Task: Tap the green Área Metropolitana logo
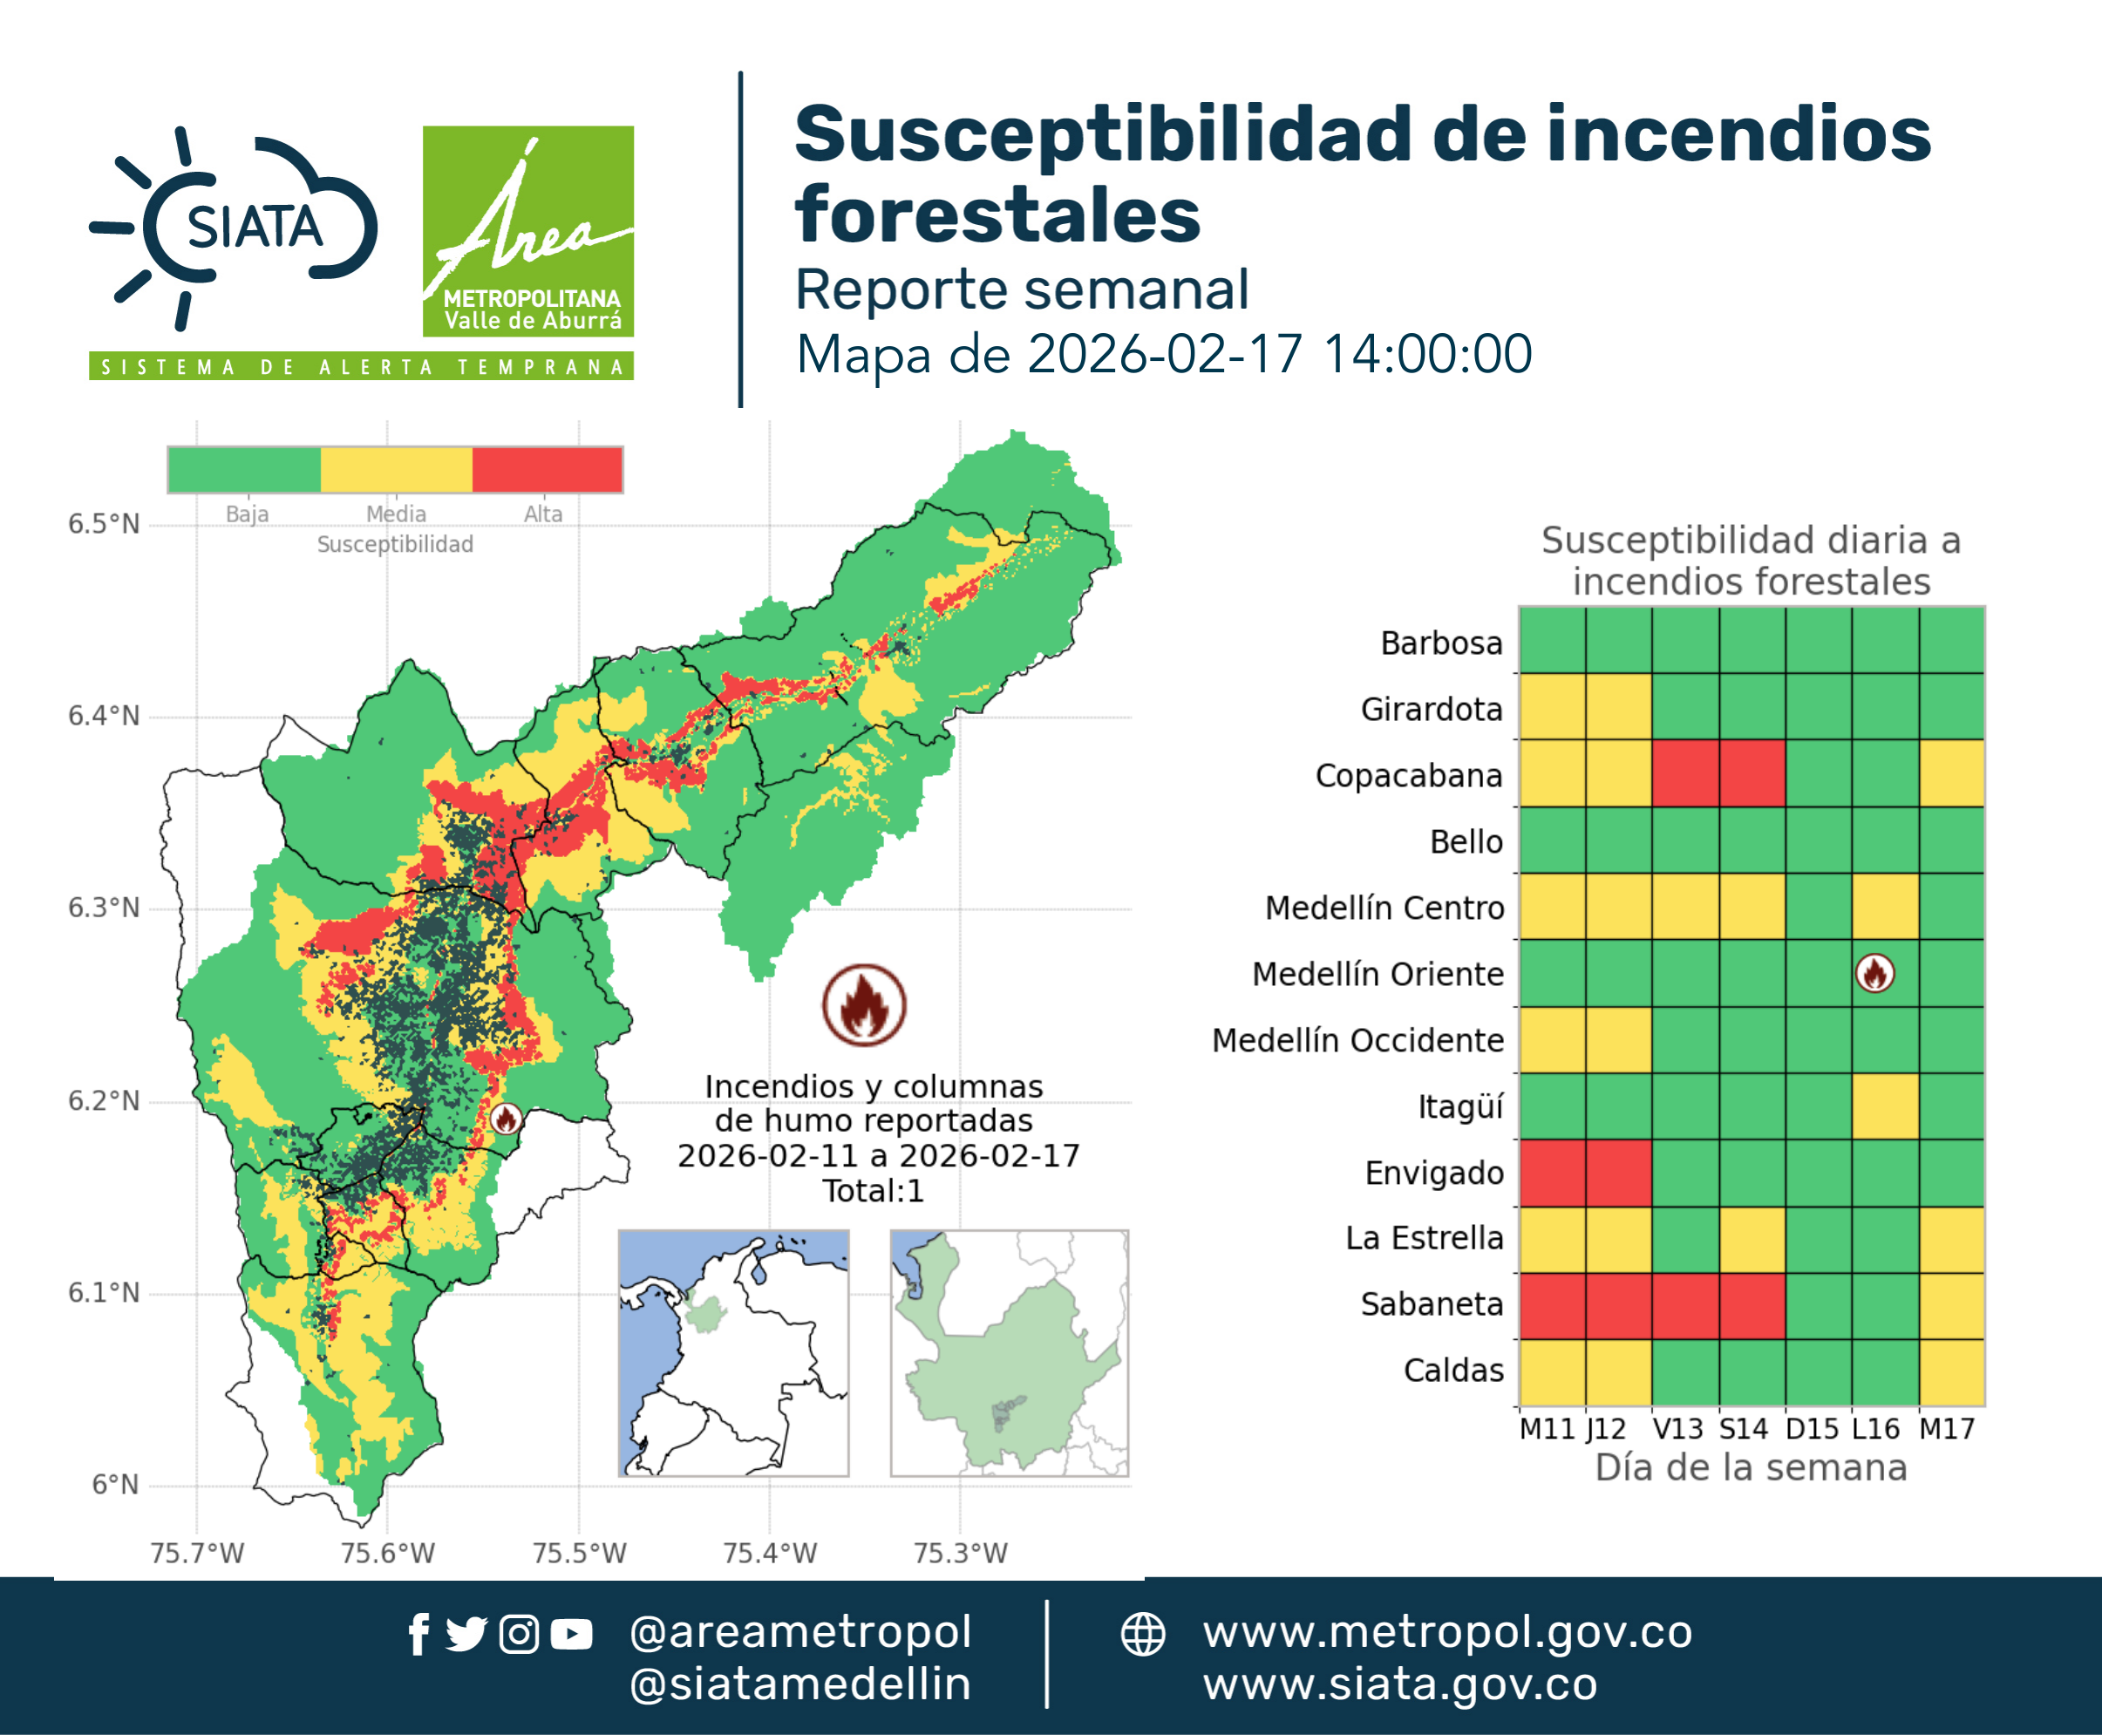[527, 231]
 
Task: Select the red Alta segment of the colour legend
[547, 470]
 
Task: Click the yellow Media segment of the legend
[396, 470]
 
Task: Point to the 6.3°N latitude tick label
[104, 908]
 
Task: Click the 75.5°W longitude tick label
[579, 1553]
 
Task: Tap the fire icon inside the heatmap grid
[1874, 974]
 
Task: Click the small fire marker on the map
[506, 1119]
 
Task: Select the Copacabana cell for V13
[1685, 773]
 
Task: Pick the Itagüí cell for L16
[1885, 1106]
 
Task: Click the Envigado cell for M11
[1552, 1174]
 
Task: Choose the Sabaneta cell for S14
[1752, 1306]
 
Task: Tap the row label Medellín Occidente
[1357, 1040]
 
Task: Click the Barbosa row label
[1441, 643]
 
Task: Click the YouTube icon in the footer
[571, 1635]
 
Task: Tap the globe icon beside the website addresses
[1142, 1635]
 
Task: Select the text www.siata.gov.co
[1399, 1684]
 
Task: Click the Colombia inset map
[733, 1353]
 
